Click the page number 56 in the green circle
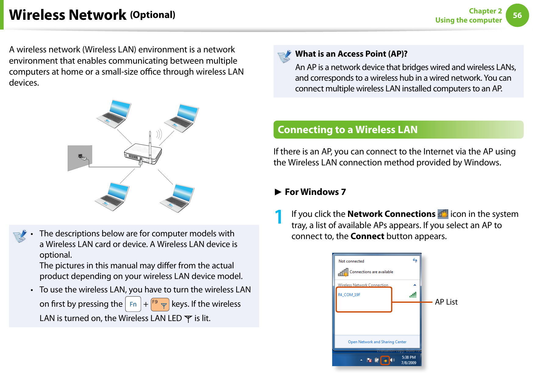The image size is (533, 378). pyautogui.click(x=517, y=15)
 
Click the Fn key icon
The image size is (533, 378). pyautogui.click(x=133, y=304)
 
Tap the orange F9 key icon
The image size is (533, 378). pyautogui.click(x=160, y=304)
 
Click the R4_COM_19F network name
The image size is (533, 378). pyautogui.click(x=349, y=295)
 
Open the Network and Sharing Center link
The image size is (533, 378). pyautogui.click(x=377, y=342)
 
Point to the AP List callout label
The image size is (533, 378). pyautogui.click(x=446, y=302)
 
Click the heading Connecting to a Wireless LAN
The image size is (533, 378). pyautogui.click(x=347, y=130)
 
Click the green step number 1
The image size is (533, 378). pyautogui.click(x=278, y=217)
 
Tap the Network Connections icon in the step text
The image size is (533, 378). pyautogui.click(x=443, y=214)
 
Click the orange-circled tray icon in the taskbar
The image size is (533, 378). pyautogui.click(x=385, y=360)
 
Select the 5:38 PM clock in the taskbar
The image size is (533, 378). pyautogui.click(x=408, y=357)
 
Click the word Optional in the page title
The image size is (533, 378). pyautogui.click(x=153, y=15)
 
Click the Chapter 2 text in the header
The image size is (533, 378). pyautogui.click(x=485, y=11)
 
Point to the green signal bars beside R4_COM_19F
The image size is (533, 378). pyautogui.click(x=413, y=295)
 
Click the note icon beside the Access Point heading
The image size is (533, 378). pyautogui.click(x=284, y=56)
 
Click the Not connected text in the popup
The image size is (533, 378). pyautogui.click(x=351, y=261)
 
